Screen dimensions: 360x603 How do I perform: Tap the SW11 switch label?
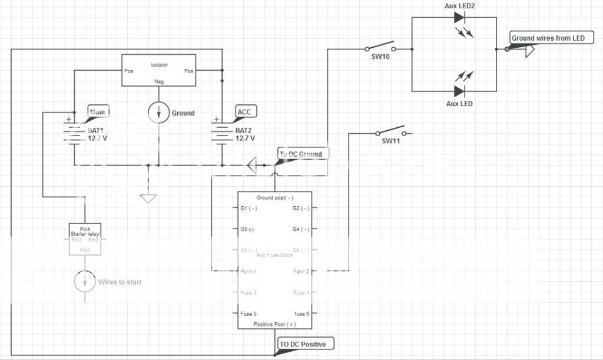pos(391,141)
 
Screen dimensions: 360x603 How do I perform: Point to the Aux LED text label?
pos(459,104)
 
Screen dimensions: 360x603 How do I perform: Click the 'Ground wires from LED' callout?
pos(548,38)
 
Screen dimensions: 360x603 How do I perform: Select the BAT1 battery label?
pos(97,130)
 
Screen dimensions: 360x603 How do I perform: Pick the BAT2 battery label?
pos(245,130)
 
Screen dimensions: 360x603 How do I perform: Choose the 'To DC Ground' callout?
pos(301,154)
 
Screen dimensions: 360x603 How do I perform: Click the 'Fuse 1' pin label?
pos(248,272)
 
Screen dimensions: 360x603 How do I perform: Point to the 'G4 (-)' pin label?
pos(301,229)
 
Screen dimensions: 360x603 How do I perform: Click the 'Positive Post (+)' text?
pos(274,324)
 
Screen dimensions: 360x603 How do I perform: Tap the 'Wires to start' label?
pos(120,282)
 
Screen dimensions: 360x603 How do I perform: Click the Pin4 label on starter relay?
pos(85,228)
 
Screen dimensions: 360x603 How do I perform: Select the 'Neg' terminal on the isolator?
pos(158,81)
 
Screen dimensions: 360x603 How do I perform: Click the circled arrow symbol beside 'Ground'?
pos(158,113)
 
